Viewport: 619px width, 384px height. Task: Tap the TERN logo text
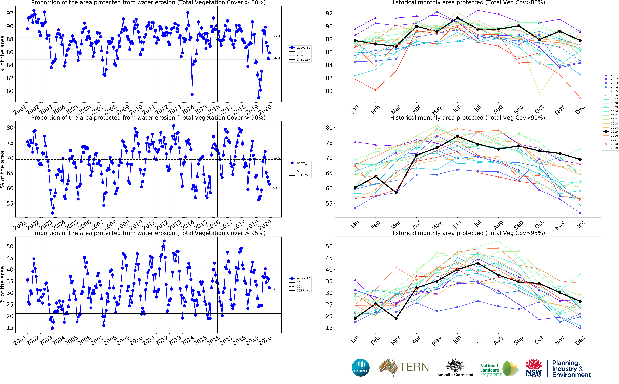click(x=414, y=367)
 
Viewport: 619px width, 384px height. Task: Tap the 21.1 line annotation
click(x=276, y=312)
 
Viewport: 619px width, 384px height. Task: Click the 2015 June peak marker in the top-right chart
click(x=457, y=18)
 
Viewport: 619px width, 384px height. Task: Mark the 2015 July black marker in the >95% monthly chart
click(x=478, y=263)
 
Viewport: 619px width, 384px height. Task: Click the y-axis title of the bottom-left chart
click(x=3, y=284)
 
